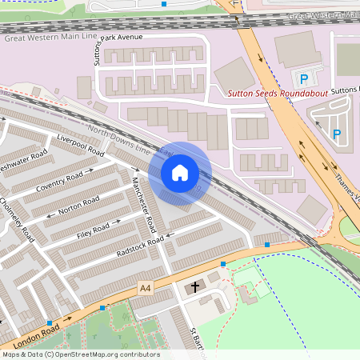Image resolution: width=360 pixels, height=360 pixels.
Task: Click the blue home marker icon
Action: (180, 172)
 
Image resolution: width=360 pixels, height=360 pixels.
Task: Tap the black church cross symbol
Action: (194, 286)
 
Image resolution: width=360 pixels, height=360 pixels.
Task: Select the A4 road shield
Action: (145, 287)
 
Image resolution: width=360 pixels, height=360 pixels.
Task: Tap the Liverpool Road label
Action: (81, 145)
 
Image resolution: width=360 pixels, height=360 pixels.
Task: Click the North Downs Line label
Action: (120, 141)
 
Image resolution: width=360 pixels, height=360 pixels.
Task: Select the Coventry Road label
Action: (60, 182)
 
